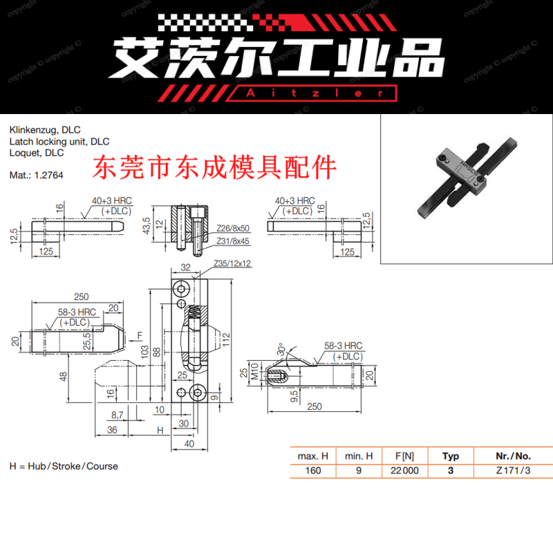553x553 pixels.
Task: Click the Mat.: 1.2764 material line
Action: pyautogui.click(x=36, y=175)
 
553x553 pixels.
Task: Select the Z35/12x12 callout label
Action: pyautogui.click(x=232, y=263)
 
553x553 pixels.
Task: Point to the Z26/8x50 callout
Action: pyautogui.click(x=232, y=227)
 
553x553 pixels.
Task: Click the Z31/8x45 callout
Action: pyautogui.click(x=232, y=241)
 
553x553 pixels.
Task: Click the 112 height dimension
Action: pyautogui.click(x=226, y=339)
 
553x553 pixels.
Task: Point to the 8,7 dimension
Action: pyautogui.click(x=117, y=415)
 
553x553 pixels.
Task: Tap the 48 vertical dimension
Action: pyautogui.click(x=63, y=376)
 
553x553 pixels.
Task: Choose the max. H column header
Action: pyautogui.click(x=312, y=456)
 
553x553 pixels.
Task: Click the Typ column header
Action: pyautogui.click(x=451, y=456)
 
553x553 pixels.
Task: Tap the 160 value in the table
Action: pyautogui.click(x=312, y=471)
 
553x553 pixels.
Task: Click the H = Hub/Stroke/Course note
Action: pyautogui.click(x=64, y=466)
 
